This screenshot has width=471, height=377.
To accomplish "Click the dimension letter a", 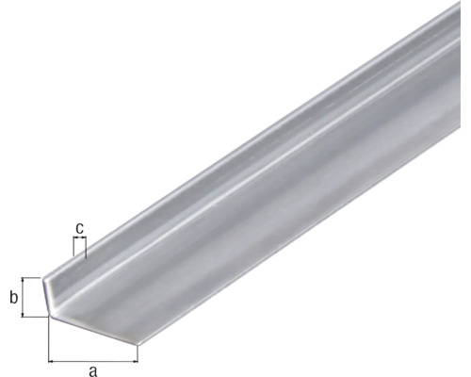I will coord(92,369).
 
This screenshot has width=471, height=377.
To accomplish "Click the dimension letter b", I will coord(13,298).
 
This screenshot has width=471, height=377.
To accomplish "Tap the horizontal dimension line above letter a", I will coord(92,359).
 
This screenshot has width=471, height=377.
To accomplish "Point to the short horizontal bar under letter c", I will coord(79,239).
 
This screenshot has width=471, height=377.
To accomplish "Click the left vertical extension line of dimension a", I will coord(48,339).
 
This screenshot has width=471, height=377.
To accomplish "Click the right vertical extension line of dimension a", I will coord(138,352).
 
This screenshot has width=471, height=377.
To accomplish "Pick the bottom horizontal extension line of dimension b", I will coord(36,317).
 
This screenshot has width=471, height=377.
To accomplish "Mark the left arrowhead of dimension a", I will coord(52,359).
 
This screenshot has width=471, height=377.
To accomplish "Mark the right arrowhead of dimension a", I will coord(134,359).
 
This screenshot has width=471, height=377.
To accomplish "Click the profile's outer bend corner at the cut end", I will coord(49,317).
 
